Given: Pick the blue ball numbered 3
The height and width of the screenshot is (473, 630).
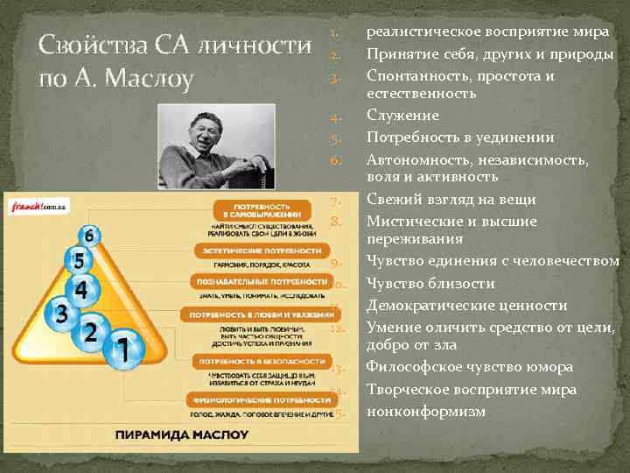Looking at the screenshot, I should pyautogui.click(x=60, y=313).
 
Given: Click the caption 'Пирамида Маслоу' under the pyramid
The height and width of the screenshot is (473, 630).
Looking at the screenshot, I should pyautogui.click(x=182, y=434).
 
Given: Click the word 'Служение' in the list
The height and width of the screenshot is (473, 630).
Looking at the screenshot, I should pyautogui.click(x=402, y=116).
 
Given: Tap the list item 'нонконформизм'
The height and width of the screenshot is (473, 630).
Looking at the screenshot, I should pyautogui.click(x=425, y=411).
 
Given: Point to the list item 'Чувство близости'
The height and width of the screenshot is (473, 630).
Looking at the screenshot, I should pyautogui.click(x=430, y=284).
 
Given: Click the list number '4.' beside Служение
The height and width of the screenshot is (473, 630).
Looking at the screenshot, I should pyautogui.click(x=334, y=116).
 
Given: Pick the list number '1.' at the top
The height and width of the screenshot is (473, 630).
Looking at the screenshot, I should pyautogui.click(x=334, y=32).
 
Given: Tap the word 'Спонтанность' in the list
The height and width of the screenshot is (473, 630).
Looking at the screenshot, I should pyautogui.click(x=415, y=76).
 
